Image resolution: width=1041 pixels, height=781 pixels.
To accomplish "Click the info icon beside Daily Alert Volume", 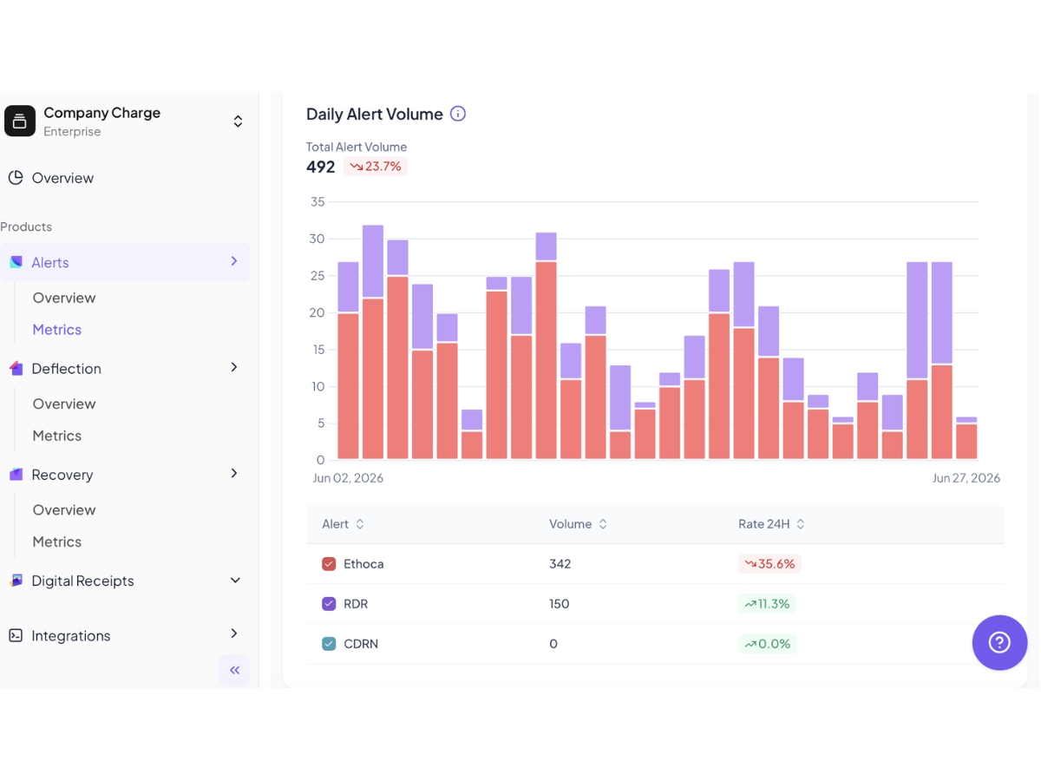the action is [x=458, y=114].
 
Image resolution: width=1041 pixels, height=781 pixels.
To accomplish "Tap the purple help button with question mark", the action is [x=999, y=642].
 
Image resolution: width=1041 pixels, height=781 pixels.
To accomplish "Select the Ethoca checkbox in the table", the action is [x=329, y=564].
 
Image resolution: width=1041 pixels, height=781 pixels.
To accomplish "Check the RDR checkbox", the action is [x=329, y=604].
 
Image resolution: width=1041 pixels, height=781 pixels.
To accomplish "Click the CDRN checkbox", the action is [x=329, y=644].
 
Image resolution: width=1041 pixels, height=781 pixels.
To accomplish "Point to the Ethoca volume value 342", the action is [x=560, y=564].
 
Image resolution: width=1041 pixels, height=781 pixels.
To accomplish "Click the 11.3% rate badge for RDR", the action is [x=767, y=604].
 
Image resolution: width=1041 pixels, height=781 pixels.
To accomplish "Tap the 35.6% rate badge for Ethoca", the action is [x=769, y=564].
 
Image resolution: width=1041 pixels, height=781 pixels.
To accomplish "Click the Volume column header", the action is [x=578, y=524].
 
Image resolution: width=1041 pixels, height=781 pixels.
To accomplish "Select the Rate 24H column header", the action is [x=771, y=524].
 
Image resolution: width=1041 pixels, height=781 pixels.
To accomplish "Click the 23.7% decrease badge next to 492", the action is [x=375, y=167].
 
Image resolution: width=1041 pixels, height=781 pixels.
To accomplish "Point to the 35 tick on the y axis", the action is [x=318, y=202].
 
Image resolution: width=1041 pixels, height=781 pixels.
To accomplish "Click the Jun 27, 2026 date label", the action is [x=966, y=478].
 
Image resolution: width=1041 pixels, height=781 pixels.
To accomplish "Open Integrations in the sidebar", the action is [x=70, y=636].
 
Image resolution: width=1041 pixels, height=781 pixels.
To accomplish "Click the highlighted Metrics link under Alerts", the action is [x=57, y=330].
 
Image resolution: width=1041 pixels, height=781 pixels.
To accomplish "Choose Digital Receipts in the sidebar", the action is [x=82, y=581].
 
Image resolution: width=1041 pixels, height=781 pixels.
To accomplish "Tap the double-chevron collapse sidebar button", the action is [x=234, y=670].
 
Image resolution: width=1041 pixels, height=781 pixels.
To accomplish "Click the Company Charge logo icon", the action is [x=20, y=121].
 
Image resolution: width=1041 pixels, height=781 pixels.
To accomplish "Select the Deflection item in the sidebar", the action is [x=66, y=369].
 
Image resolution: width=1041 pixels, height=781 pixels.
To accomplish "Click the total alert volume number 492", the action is [x=320, y=167].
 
